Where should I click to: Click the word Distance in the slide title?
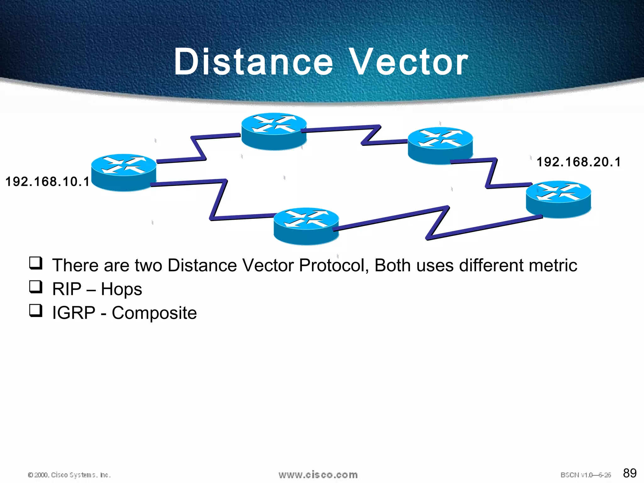(x=253, y=62)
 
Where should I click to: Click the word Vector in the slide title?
(x=409, y=62)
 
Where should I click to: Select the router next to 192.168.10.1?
(x=124, y=172)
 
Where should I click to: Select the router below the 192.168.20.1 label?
(x=558, y=199)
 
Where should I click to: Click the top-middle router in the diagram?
(x=274, y=131)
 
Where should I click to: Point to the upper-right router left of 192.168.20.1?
(x=440, y=145)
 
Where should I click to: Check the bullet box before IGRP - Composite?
(x=36, y=310)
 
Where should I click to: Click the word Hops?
(x=121, y=289)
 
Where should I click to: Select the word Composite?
(x=154, y=313)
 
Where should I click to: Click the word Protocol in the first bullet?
(x=333, y=265)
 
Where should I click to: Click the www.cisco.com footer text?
(x=318, y=475)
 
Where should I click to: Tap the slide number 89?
(x=630, y=473)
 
